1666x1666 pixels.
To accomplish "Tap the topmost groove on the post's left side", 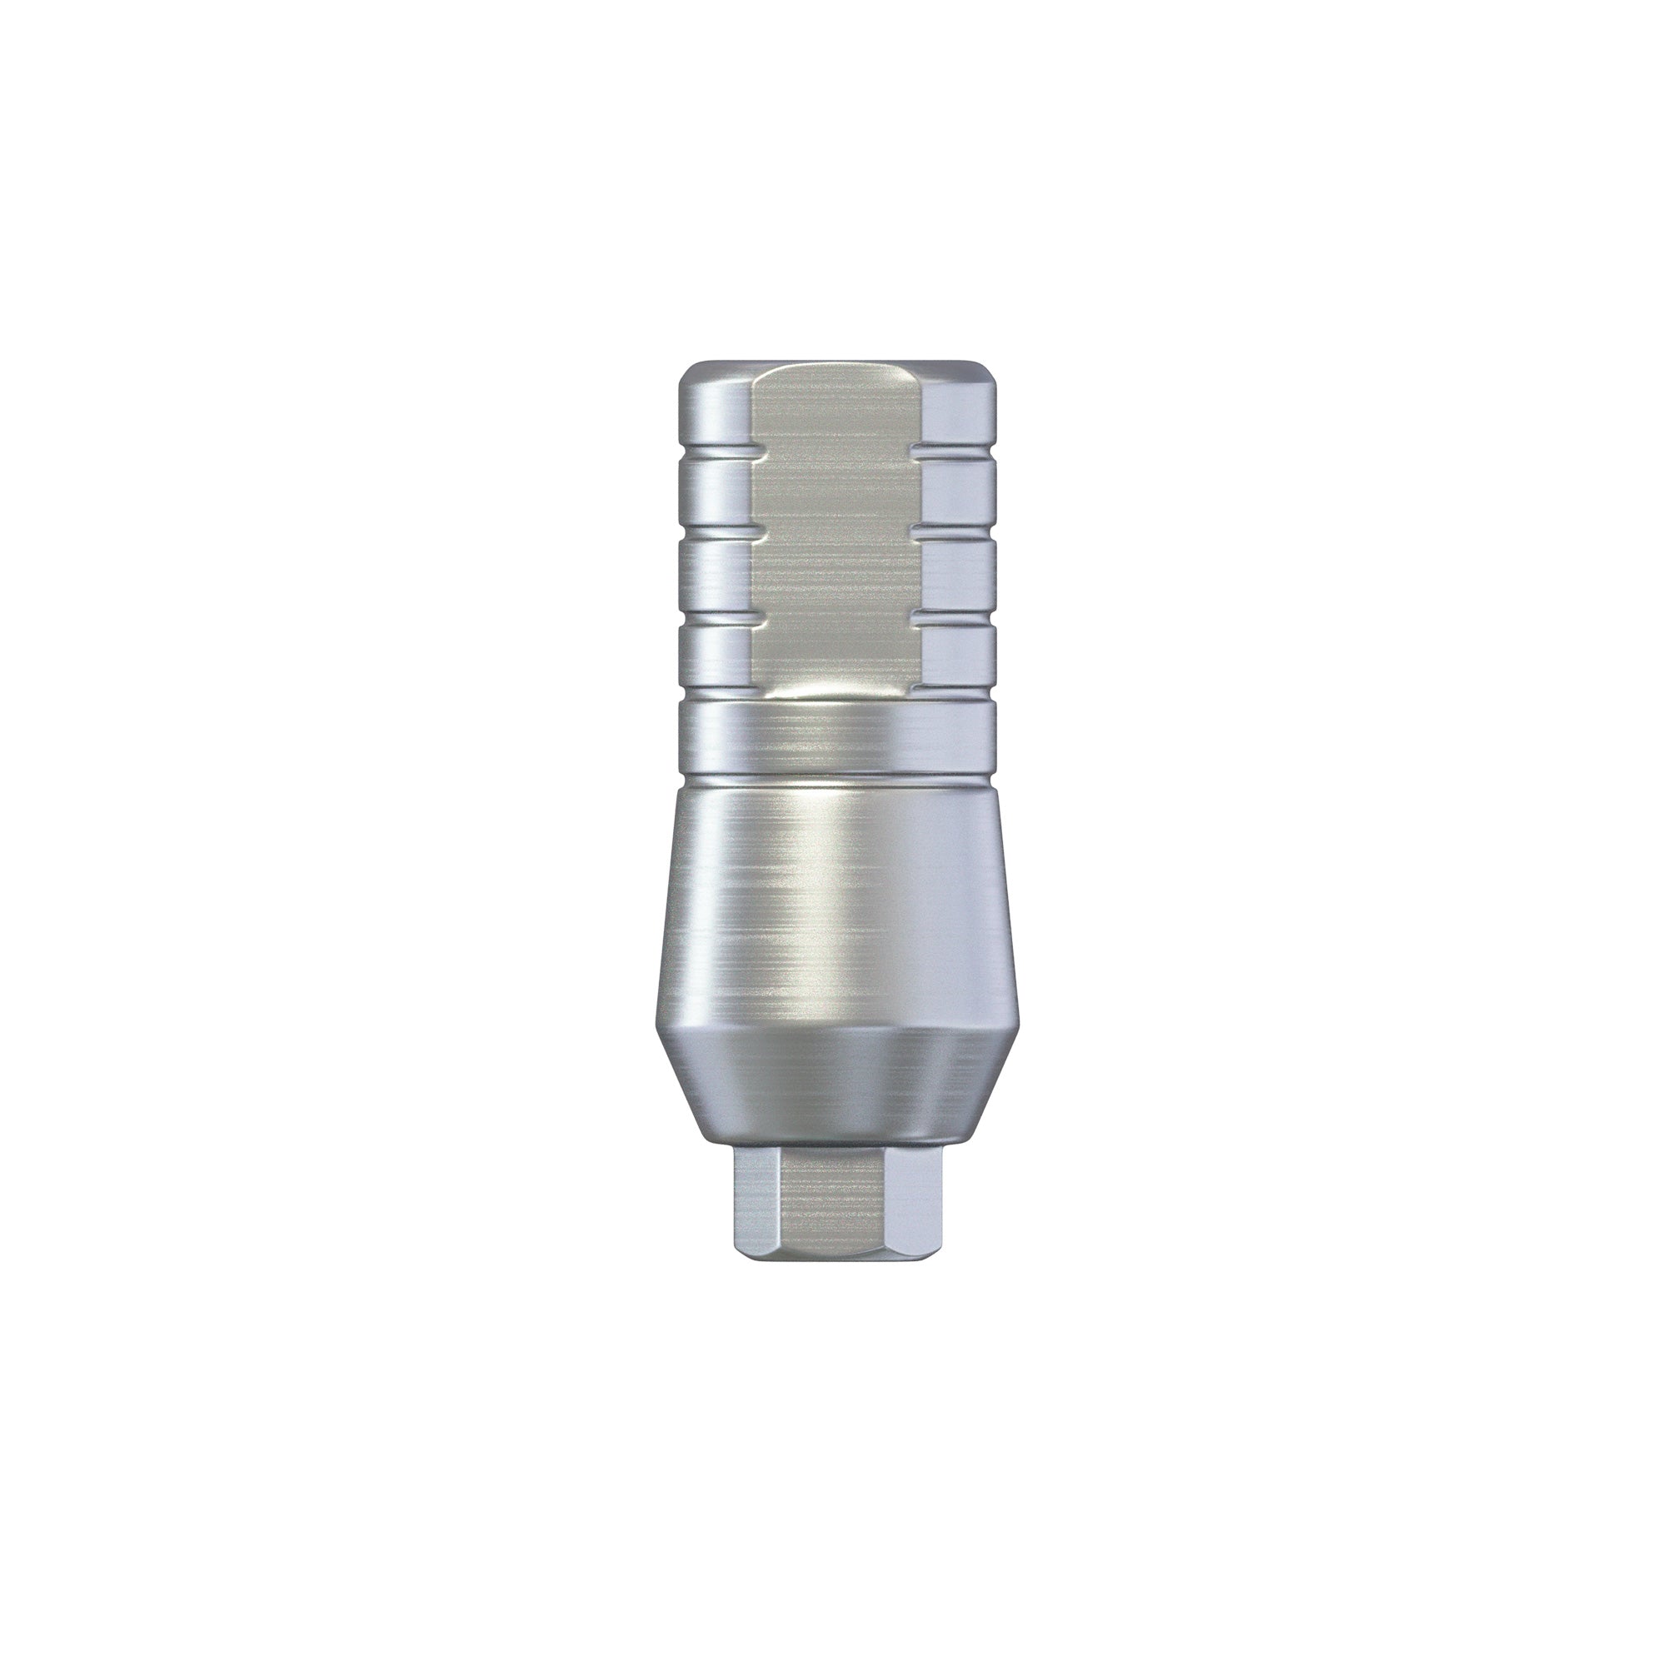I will tap(716, 455).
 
